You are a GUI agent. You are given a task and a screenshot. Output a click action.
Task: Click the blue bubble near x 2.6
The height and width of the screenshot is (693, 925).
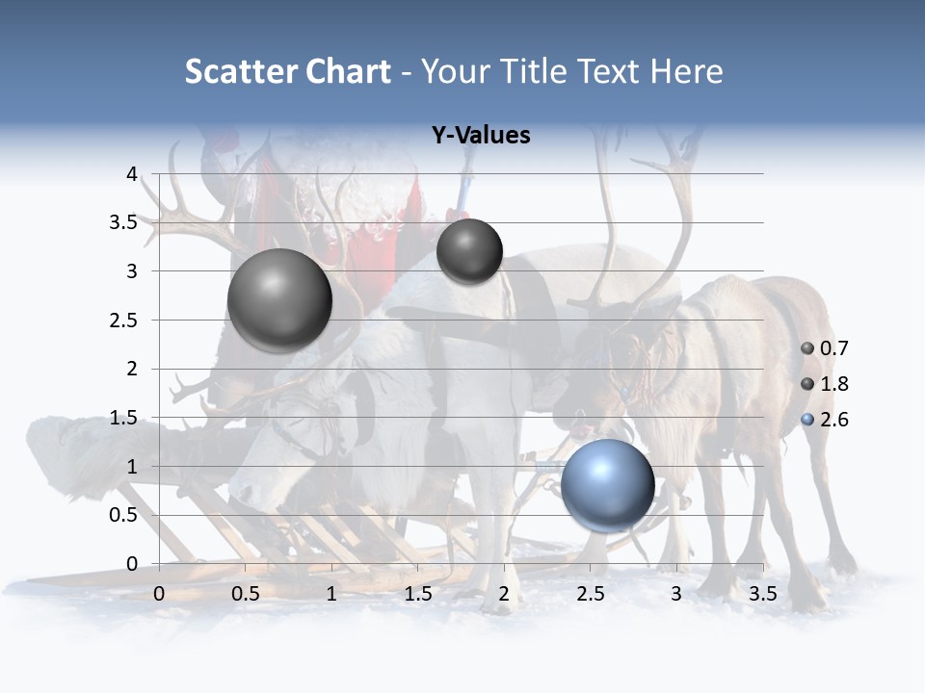coord(608,485)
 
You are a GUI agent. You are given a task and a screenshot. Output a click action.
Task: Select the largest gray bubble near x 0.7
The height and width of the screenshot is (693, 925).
coord(279,300)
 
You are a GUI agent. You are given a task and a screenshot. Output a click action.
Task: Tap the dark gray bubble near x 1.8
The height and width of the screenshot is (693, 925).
coord(469,251)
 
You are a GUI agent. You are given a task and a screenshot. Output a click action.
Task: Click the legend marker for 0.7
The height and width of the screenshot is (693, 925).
coord(807,348)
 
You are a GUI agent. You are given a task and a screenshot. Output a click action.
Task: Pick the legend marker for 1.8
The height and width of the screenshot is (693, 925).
coord(807,384)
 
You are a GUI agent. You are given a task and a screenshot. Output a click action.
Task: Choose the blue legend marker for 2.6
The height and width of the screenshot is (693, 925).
coord(807,420)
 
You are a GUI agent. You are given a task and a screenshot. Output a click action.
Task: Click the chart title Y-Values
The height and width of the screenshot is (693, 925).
coord(481,136)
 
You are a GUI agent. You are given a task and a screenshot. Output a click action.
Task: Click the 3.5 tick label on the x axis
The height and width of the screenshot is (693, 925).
coord(762,594)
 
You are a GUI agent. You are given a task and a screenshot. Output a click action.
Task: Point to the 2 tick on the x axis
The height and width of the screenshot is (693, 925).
coord(503,594)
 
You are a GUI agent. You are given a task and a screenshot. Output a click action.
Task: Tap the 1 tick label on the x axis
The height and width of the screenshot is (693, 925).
coord(331,594)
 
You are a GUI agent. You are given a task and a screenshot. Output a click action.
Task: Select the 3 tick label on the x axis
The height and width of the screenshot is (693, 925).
coord(676,594)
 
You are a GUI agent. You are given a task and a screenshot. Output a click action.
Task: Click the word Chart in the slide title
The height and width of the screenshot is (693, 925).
coord(348,71)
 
